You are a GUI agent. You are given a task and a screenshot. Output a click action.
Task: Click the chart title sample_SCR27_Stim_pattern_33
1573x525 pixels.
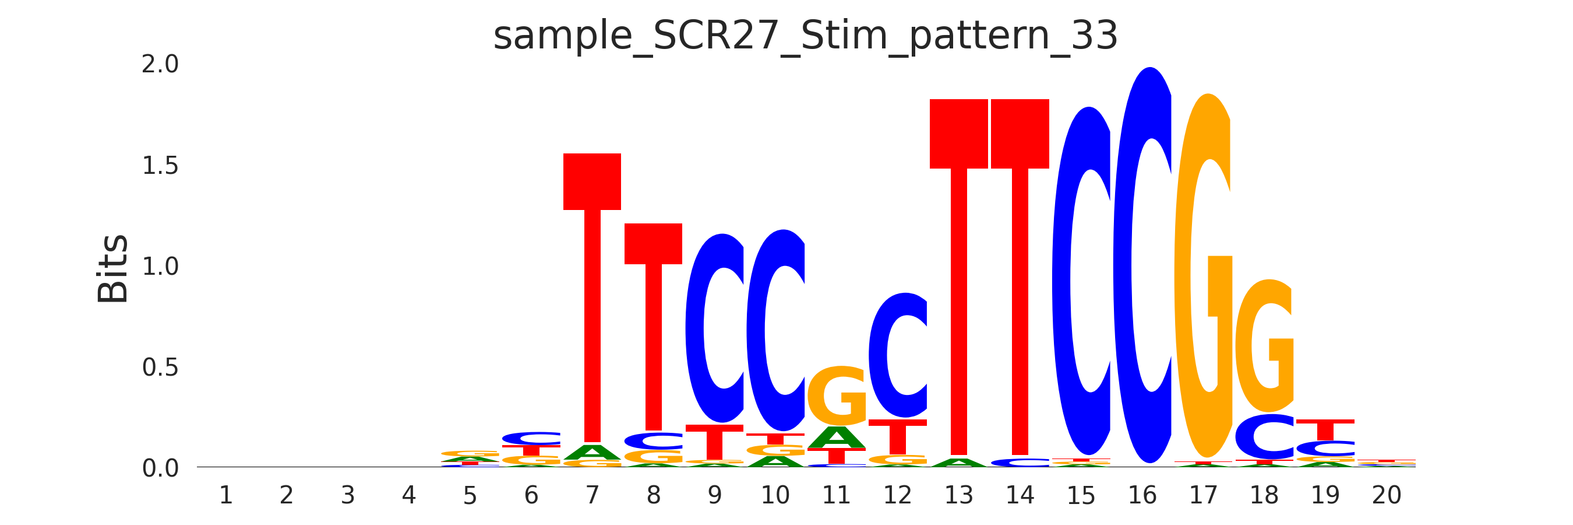click(x=805, y=36)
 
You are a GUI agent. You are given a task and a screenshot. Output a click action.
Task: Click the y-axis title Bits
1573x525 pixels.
click(x=113, y=268)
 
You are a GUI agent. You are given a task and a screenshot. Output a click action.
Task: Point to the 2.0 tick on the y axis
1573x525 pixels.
click(x=160, y=64)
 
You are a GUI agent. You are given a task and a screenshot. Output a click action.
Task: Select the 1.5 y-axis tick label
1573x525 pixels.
click(x=160, y=166)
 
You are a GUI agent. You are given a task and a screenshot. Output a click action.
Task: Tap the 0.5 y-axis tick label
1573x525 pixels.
click(x=160, y=367)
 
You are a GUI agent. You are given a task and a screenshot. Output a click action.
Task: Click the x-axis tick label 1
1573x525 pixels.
click(x=225, y=495)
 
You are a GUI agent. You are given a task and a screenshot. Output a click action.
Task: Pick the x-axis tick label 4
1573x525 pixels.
click(x=408, y=495)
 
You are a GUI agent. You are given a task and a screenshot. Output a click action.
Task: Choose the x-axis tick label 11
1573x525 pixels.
click(x=836, y=495)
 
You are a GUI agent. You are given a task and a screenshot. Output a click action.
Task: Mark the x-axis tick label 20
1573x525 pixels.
click(x=1386, y=495)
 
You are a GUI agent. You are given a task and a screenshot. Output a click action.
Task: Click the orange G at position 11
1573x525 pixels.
click(x=837, y=395)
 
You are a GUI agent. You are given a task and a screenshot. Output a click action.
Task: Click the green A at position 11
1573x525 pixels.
click(x=837, y=437)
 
